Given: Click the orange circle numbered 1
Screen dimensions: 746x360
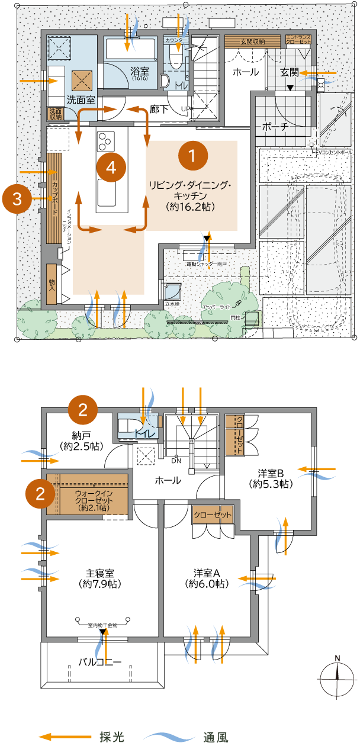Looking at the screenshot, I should (192, 155).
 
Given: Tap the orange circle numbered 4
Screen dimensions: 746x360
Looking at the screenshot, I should (111, 168).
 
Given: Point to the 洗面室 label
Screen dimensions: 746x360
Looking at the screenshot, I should (81, 100).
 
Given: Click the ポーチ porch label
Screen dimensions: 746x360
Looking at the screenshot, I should (275, 127).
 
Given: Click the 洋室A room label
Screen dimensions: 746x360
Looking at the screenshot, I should (207, 578).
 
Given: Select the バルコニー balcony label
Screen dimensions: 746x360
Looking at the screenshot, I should (100, 662).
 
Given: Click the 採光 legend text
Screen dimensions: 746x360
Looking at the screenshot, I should (112, 737).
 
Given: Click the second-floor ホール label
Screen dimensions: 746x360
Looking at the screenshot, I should (168, 481).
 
